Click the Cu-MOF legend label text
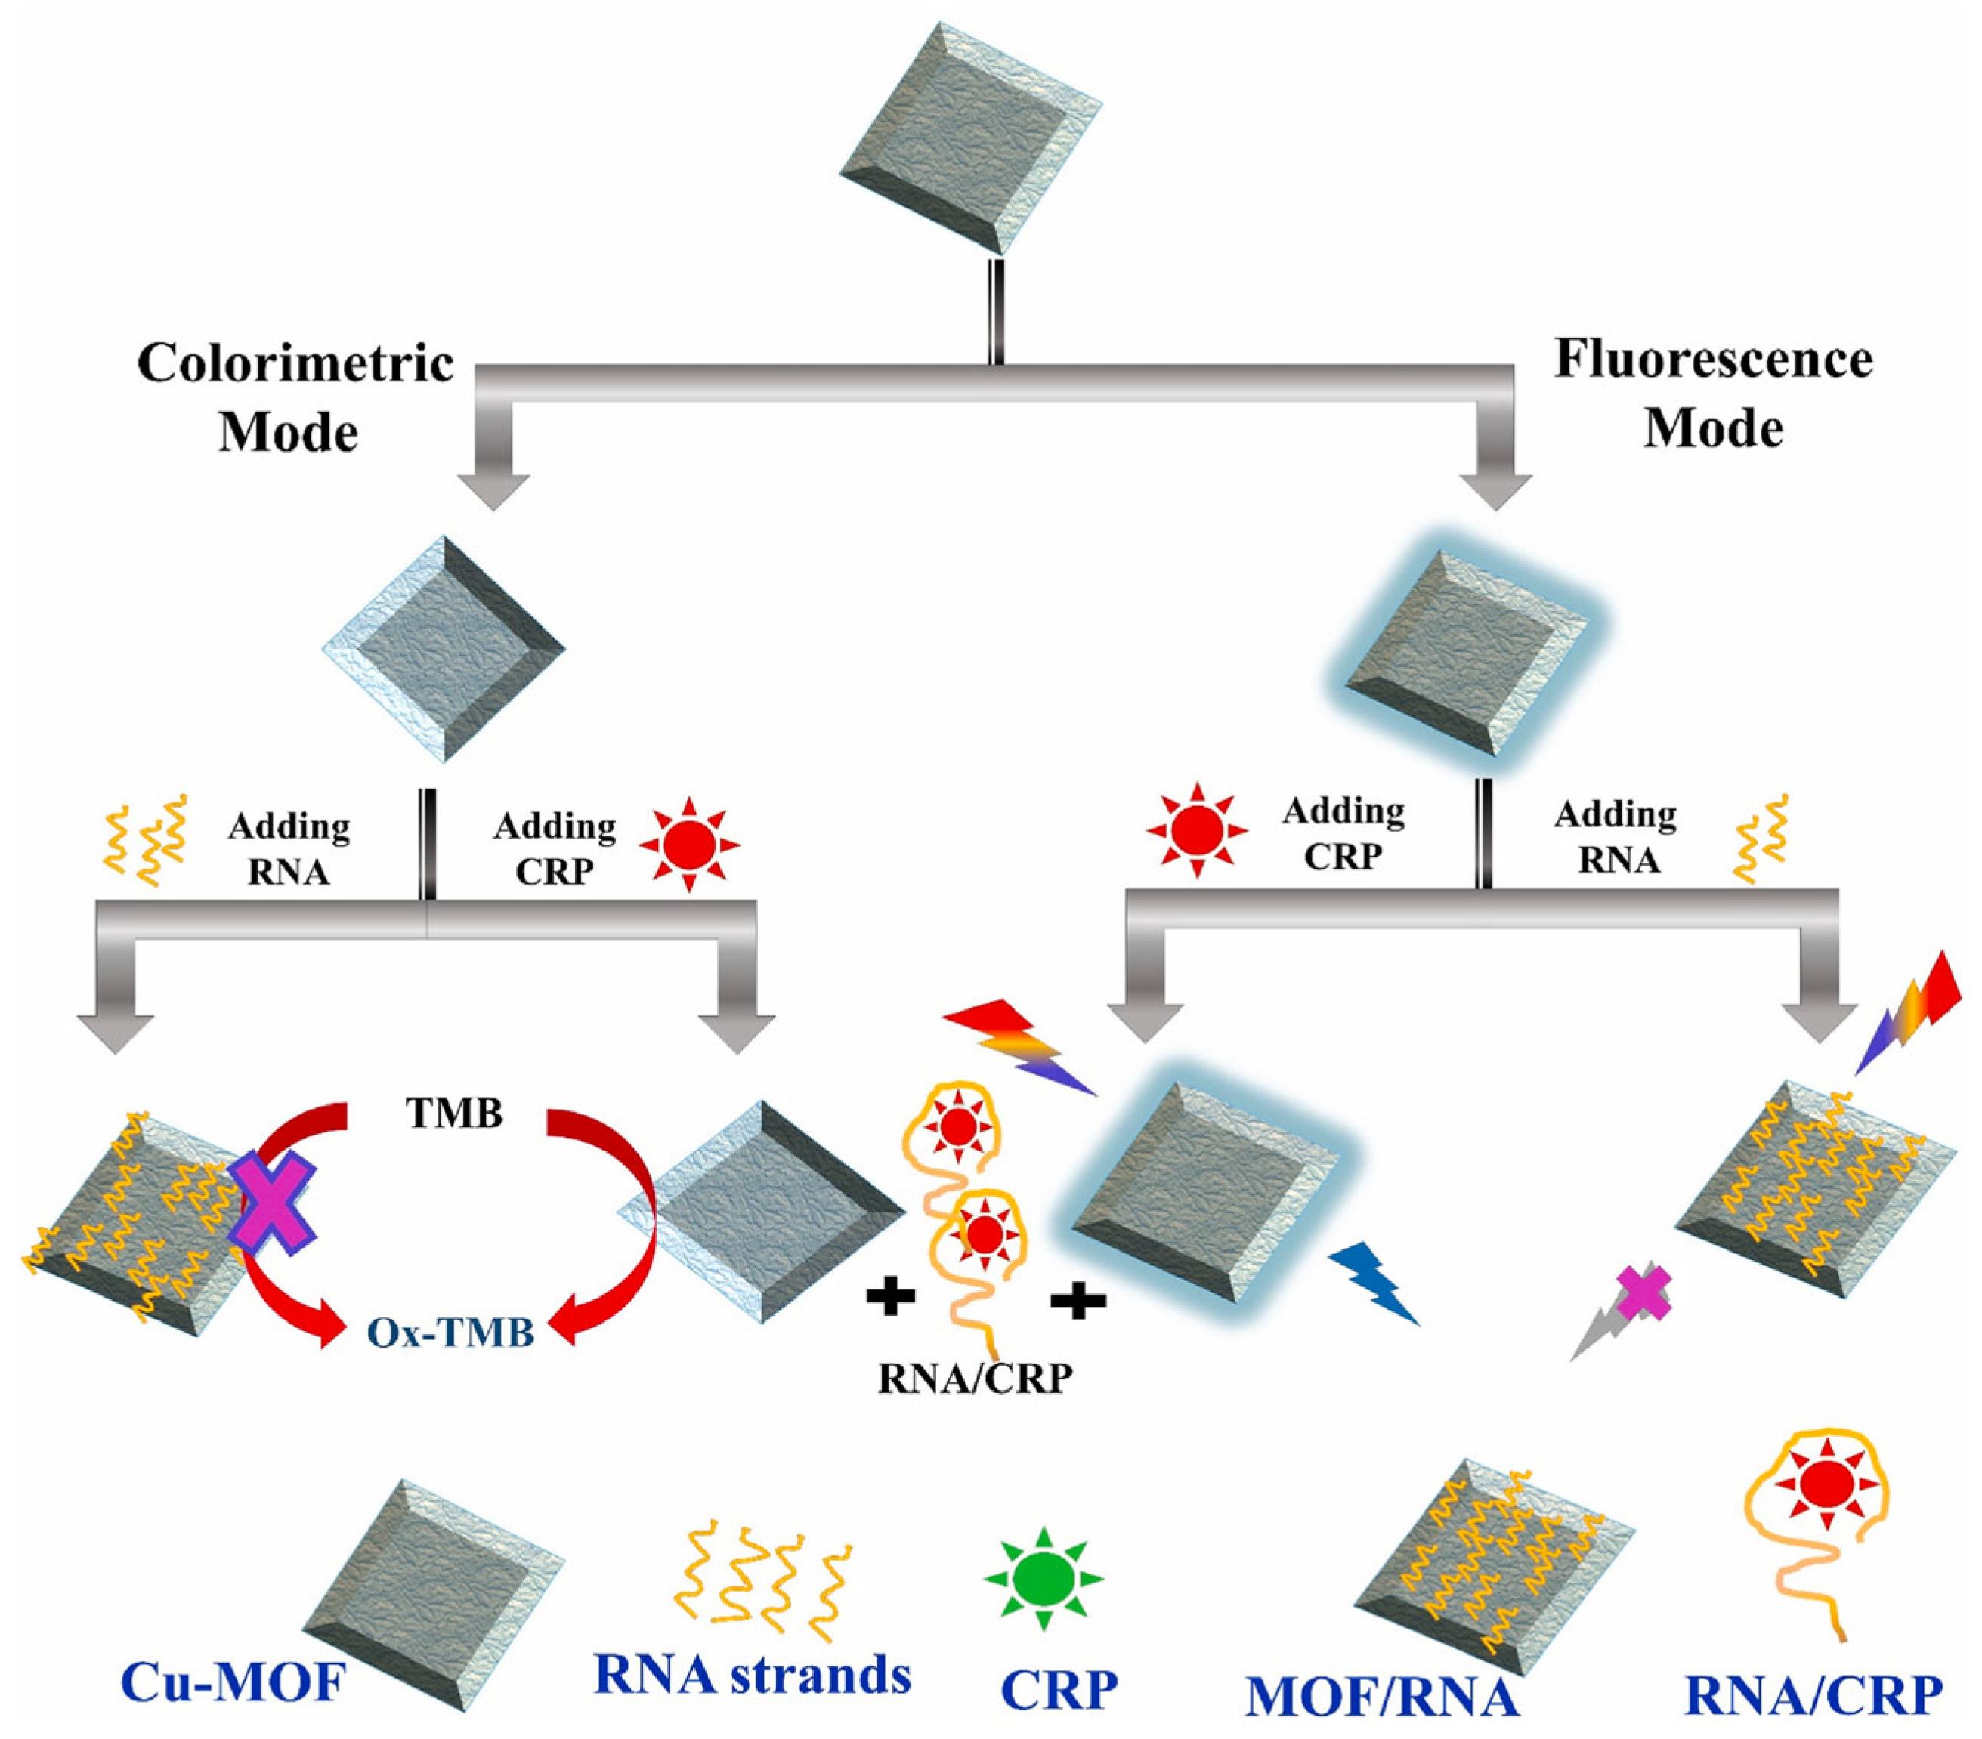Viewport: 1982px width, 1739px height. pos(233,1683)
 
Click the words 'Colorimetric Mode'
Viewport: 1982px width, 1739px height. pos(294,397)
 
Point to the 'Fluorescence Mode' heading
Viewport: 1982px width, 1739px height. pos(1714,393)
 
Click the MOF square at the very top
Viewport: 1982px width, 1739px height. pos(969,137)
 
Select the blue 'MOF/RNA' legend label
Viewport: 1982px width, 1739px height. pos(1382,1697)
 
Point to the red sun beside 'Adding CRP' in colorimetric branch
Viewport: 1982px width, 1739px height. pos(689,845)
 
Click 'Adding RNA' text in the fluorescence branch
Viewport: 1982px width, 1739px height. pos(1616,836)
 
